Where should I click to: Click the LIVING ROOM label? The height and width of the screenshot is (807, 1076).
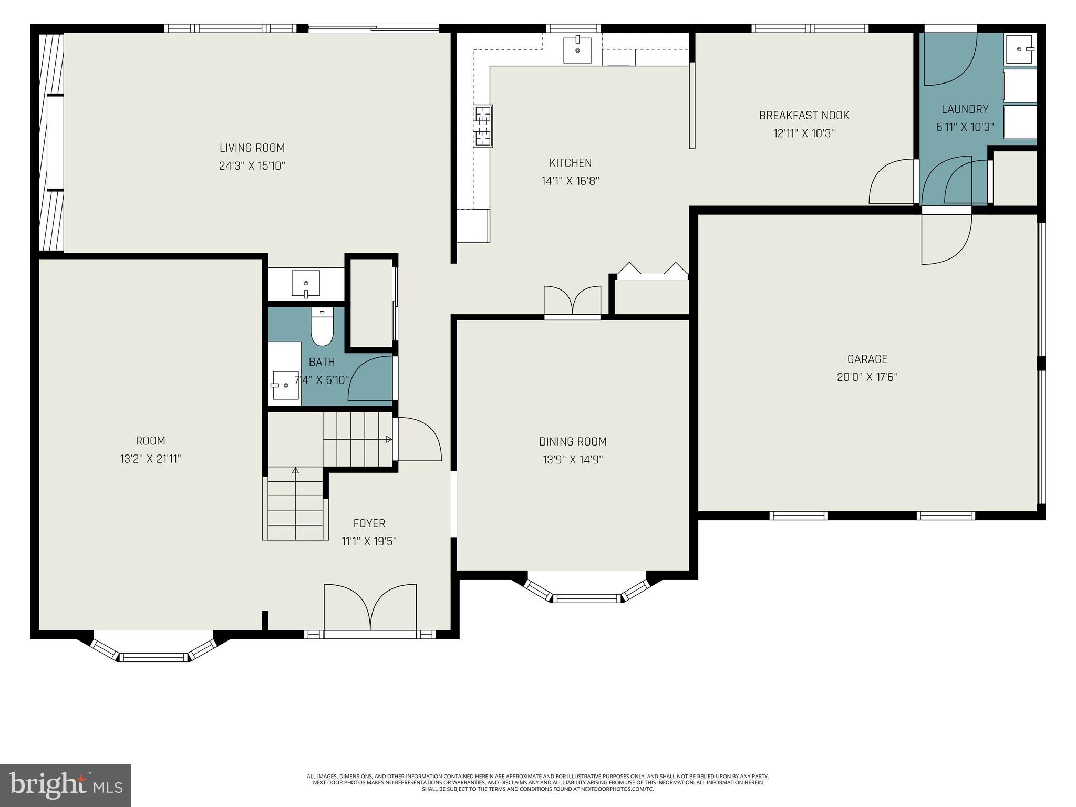(252, 148)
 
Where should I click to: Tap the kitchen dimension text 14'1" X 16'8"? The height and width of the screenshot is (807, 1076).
(570, 181)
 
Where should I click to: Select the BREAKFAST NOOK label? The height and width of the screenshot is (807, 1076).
(804, 115)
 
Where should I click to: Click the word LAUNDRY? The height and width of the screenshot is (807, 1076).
(965, 109)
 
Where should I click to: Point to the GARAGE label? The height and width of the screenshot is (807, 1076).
(867, 359)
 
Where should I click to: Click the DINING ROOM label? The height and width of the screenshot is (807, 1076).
(573, 441)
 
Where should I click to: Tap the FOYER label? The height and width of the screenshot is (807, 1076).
(369, 523)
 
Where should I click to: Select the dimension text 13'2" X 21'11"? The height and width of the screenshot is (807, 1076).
(150, 459)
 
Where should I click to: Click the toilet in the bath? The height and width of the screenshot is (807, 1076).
(322, 328)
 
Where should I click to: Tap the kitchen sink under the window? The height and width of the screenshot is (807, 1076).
(577, 49)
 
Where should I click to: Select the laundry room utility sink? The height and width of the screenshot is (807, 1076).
(1020, 49)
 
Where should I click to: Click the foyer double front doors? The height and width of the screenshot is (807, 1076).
(370, 609)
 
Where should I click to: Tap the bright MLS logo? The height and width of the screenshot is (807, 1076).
(66, 785)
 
